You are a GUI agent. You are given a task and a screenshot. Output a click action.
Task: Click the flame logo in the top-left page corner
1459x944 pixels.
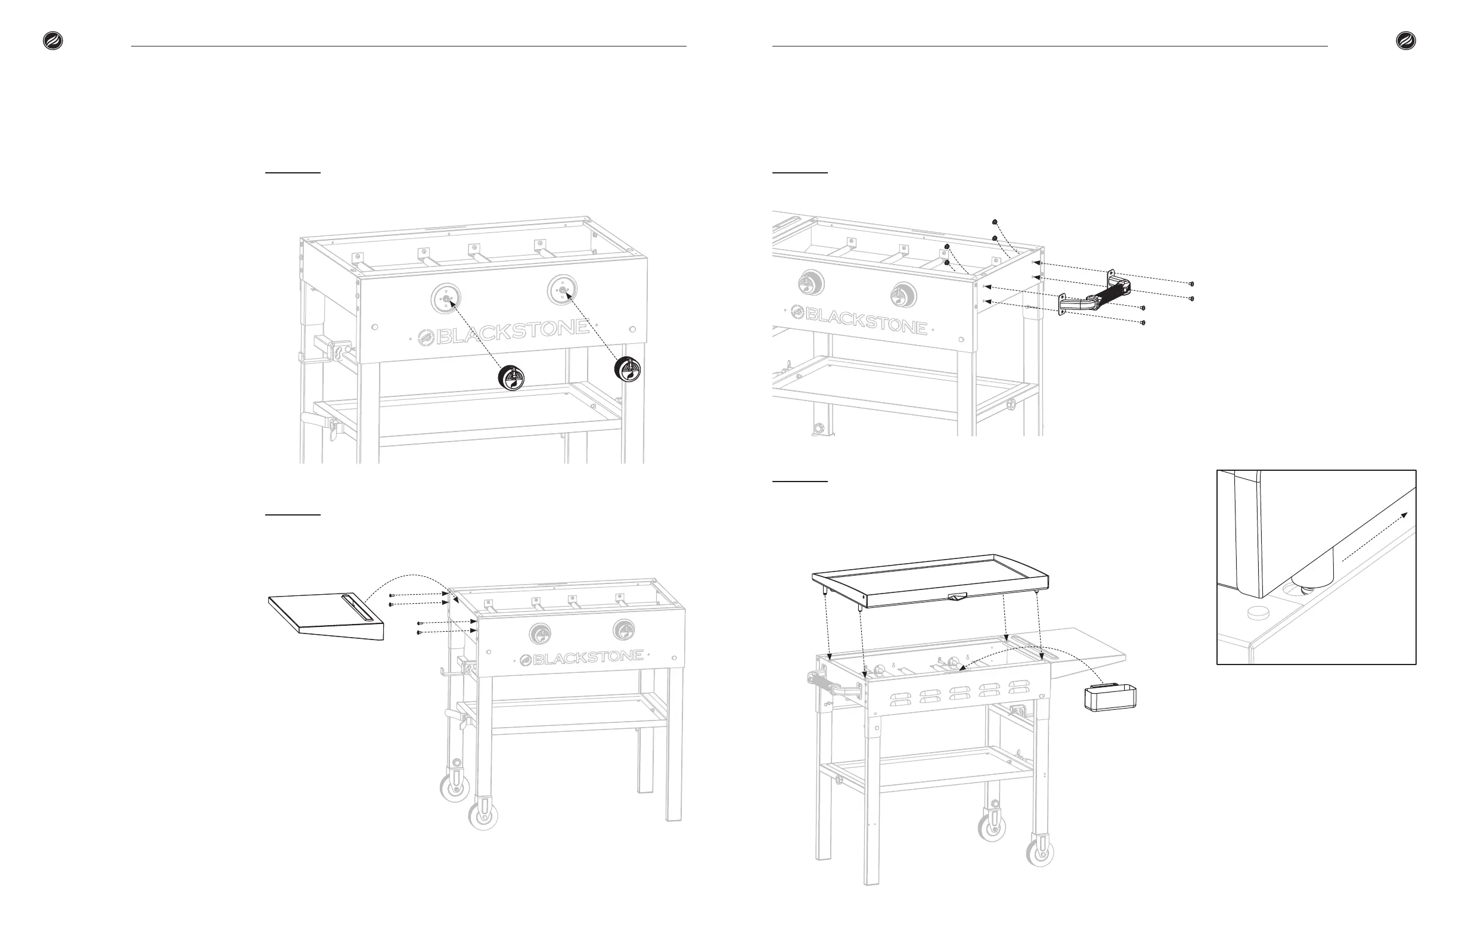click(52, 41)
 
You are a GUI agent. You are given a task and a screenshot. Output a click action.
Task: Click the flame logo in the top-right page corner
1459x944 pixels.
click(1406, 41)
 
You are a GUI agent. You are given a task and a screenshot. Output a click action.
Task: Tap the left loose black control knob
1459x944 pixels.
click(511, 378)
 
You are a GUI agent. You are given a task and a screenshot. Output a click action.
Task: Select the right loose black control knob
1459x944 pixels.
click(627, 368)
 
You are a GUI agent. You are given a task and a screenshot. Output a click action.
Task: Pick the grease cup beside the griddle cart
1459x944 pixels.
click(1110, 699)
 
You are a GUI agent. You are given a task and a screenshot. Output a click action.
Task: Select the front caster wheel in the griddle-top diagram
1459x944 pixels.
click(1040, 851)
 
